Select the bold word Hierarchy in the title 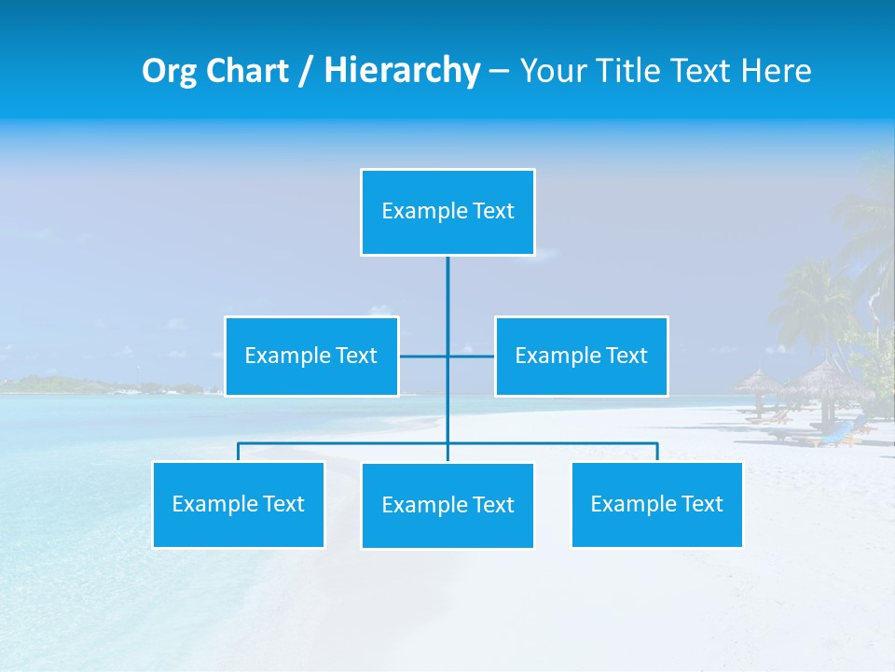pos(401,71)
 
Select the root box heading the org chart pos(447,212)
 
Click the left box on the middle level pos(311,356)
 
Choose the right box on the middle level pos(581,356)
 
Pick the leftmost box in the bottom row pos(239,504)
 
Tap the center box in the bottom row pos(447,505)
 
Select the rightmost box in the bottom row pos(656,504)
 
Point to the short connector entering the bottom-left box pos(239,452)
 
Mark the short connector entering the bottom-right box pos(657,452)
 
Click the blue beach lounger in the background pos(839,431)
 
